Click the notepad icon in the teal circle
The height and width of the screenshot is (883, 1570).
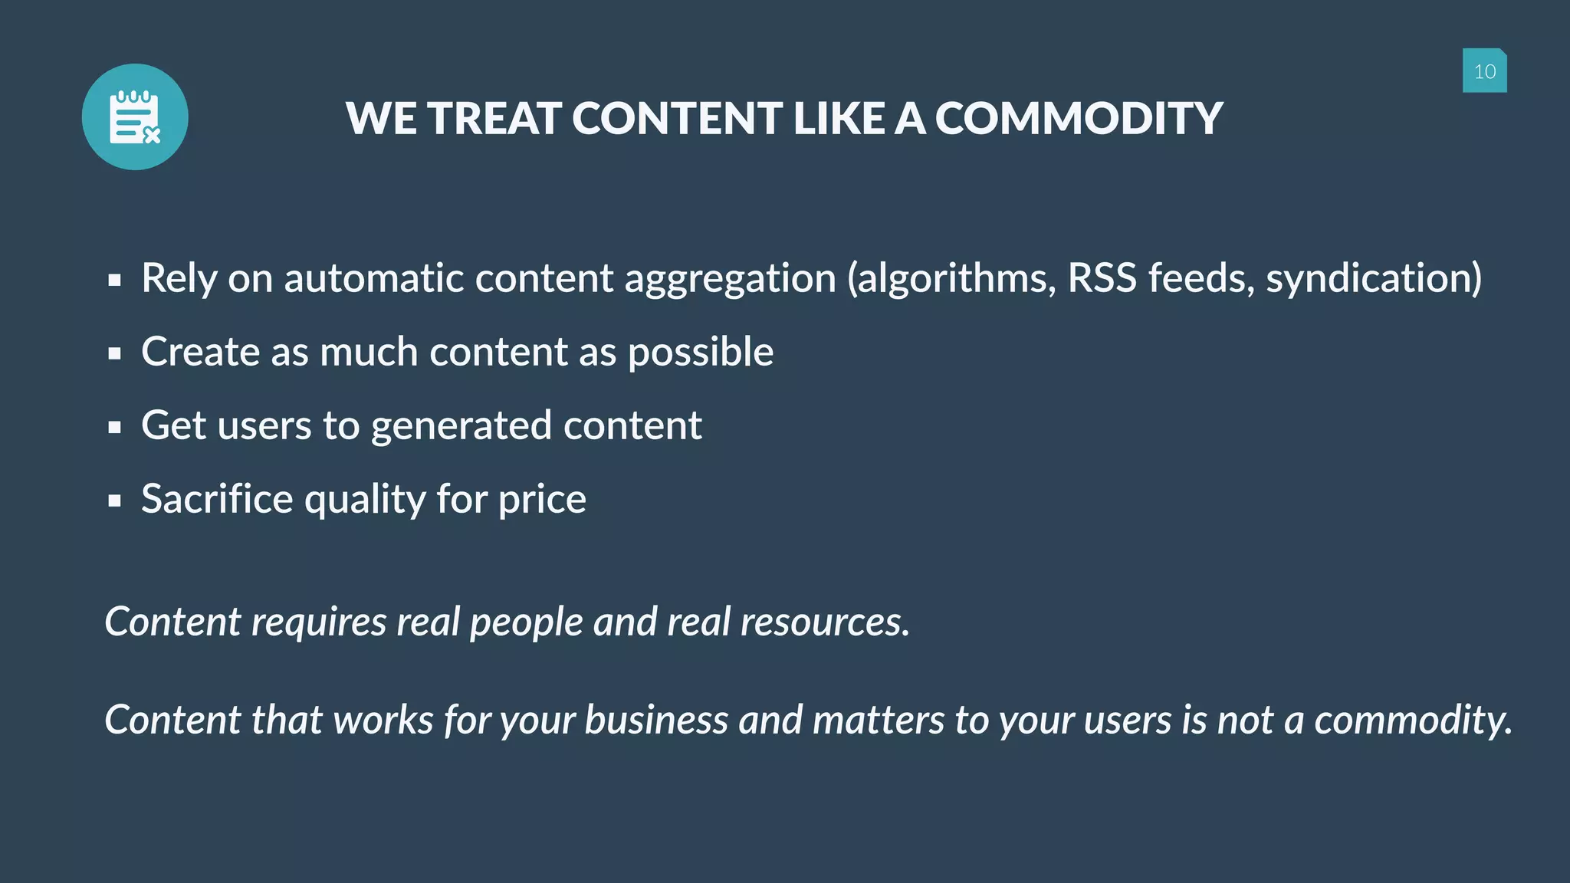click(135, 117)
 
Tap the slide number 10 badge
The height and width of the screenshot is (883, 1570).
click(1484, 71)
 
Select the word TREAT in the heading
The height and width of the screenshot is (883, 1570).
click(494, 119)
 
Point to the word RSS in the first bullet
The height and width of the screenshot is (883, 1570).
click(1102, 277)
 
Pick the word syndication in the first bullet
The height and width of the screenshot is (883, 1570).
click(1373, 277)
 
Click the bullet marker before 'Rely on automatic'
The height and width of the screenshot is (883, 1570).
click(115, 281)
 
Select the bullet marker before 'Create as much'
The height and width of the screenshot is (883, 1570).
click(115, 354)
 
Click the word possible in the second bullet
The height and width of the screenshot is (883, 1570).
click(701, 353)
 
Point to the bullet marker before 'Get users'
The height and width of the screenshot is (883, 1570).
click(115, 428)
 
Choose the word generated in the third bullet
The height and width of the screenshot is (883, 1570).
click(461, 426)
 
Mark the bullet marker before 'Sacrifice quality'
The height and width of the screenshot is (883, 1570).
click(115, 501)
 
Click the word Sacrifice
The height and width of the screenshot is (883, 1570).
click(217, 499)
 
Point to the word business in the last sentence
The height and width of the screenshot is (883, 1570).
click(656, 721)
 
